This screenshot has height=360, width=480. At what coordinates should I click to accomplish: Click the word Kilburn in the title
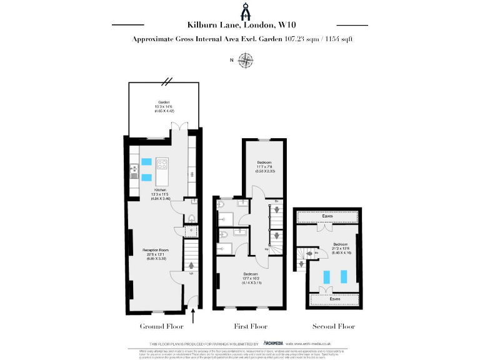pos(203,25)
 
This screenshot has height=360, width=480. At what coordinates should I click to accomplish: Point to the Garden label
pos(160,103)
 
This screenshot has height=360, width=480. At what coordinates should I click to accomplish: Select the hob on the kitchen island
pos(162,165)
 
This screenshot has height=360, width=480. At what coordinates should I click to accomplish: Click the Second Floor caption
pos(333,326)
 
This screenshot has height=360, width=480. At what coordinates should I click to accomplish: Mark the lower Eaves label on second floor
pos(336,299)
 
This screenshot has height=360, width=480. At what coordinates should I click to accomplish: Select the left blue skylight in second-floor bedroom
pos(326,276)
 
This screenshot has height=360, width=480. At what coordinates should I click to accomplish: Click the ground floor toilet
pos(191,217)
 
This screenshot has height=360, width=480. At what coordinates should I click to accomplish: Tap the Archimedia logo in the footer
pos(274,343)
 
